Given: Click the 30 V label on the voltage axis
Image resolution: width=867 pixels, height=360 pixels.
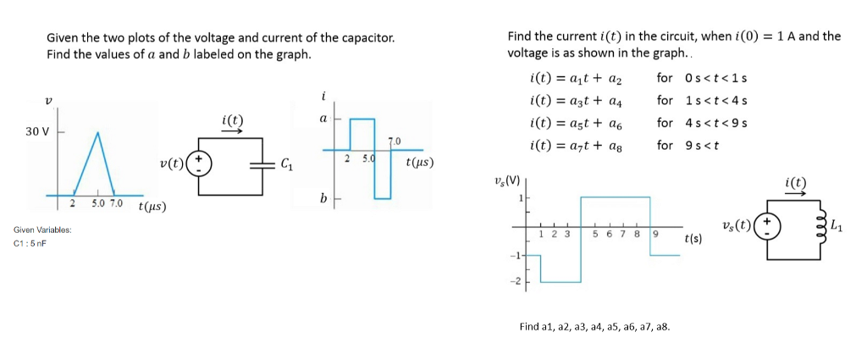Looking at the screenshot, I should [37, 132].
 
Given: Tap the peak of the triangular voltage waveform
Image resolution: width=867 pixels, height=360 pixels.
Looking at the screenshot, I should [98, 132].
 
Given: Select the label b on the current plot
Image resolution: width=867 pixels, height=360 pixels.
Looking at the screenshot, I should [323, 199].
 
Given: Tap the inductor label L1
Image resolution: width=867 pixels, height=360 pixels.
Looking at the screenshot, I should [837, 225].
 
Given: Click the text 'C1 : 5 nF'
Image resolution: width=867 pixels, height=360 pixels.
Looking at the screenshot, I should [30, 244].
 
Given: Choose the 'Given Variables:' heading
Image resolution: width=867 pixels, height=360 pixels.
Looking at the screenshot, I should [42, 230].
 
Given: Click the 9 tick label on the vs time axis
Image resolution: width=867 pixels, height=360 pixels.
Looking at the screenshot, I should [654, 235].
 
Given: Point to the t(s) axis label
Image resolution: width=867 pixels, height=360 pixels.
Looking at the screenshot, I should [693, 241].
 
